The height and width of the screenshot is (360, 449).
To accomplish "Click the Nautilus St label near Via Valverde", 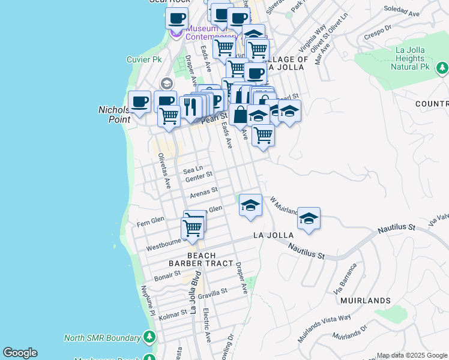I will pyautogui.click(x=396, y=228).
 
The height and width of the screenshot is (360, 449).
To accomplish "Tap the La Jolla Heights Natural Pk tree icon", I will pyautogui.click(x=442, y=67).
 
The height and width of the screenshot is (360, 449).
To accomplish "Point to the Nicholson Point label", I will pyautogui.click(x=114, y=115).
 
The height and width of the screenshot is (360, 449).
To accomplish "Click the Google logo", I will pyautogui.click(x=20, y=353).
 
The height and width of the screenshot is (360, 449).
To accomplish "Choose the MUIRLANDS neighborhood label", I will pyautogui.click(x=366, y=300).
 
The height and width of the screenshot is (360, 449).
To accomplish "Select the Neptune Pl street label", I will pyautogui.click(x=146, y=298).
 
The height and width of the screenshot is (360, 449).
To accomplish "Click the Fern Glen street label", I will pyautogui.click(x=150, y=221).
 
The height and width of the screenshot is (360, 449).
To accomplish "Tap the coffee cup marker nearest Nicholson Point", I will pyautogui.click(x=140, y=102).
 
